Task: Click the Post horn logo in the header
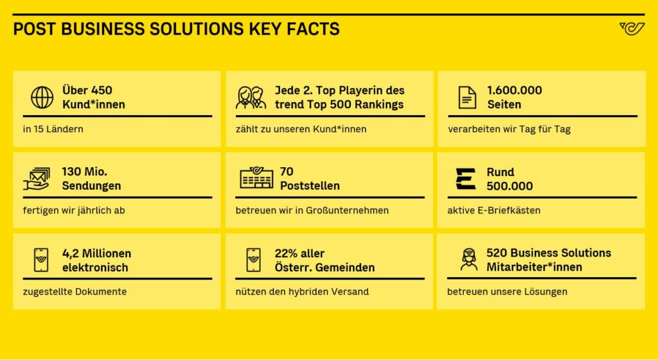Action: tap(632, 29)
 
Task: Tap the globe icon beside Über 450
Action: tap(42, 97)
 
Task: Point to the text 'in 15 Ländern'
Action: tap(53, 129)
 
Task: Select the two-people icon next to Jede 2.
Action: tap(251, 97)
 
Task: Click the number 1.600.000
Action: tap(515, 90)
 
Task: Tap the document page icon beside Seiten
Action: tap(467, 97)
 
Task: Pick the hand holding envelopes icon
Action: tap(37, 179)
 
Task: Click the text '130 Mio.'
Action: tap(84, 172)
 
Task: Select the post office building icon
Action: tap(256, 178)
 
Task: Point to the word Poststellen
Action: tap(310, 186)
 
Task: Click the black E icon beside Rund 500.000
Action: tap(465, 179)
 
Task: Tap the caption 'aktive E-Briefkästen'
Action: tap(494, 210)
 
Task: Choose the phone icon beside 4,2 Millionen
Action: tap(41, 260)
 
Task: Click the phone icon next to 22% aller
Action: tap(253, 260)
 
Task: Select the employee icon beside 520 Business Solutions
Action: tap(468, 259)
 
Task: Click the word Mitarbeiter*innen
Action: tap(534, 267)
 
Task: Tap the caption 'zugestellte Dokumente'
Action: tap(75, 292)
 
